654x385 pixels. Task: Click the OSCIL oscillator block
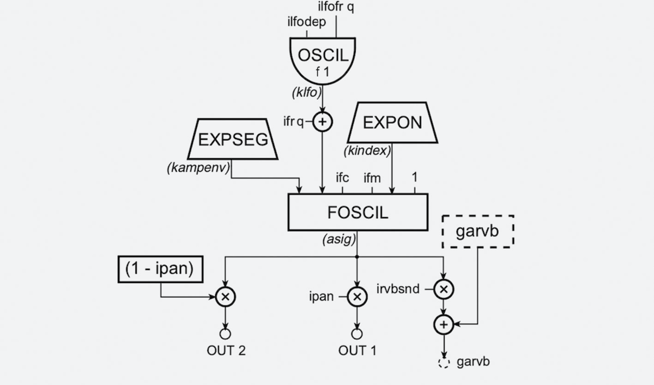(322, 59)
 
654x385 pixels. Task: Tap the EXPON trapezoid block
(392, 123)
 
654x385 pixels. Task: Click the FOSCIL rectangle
(358, 212)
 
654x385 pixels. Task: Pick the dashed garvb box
(477, 231)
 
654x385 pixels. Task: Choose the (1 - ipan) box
(160, 269)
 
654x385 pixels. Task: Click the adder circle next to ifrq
(323, 122)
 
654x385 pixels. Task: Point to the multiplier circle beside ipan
(357, 297)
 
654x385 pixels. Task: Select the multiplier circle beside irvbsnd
(444, 288)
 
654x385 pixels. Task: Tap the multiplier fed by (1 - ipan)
(225, 297)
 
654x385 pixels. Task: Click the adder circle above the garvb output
(444, 325)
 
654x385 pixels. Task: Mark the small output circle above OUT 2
(225, 334)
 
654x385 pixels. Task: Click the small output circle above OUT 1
(357, 334)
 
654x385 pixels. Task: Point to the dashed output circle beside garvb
(444, 362)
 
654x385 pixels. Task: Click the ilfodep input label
(306, 22)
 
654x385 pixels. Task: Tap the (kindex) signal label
(367, 151)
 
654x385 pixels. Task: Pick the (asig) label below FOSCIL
(339, 239)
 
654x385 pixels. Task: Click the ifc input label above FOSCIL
(342, 178)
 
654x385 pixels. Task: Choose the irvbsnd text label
(398, 289)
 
